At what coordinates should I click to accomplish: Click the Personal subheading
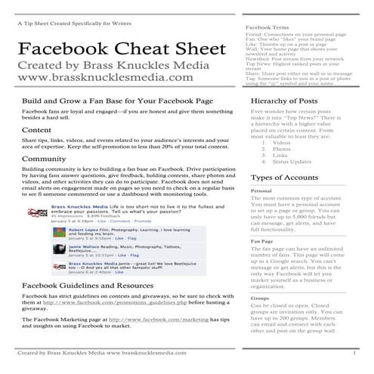coord(261,191)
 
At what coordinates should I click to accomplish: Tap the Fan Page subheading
coord(262,241)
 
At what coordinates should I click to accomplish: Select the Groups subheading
coord(260,298)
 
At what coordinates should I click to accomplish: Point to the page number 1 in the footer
coord(354,353)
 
